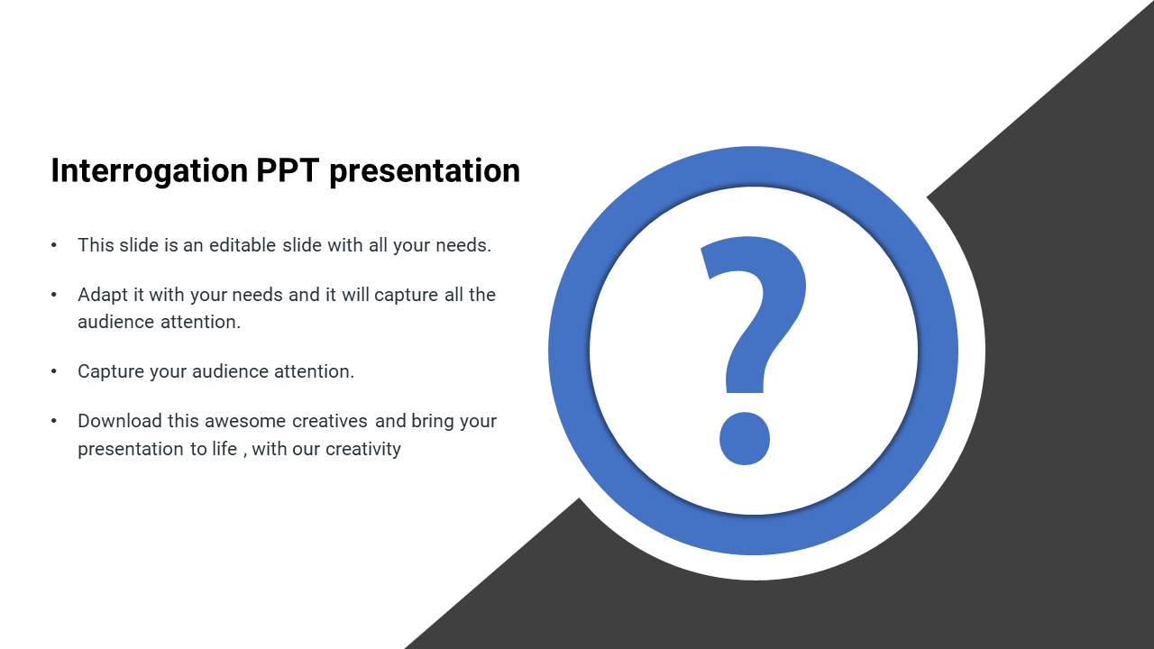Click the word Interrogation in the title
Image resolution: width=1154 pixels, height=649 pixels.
pyautogui.click(x=150, y=171)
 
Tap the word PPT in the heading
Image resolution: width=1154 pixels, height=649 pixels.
pyautogui.click(x=288, y=170)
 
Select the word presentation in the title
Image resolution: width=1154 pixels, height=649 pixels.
pyautogui.click(x=425, y=171)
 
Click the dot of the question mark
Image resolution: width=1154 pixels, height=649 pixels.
pyautogui.click(x=745, y=438)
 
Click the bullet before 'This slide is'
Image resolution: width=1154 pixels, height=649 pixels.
pyautogui.click(x=54, y=245)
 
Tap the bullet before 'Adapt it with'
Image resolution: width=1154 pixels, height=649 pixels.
pyautogui.click(x=54, y=295)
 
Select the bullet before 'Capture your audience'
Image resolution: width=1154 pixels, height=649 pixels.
pyautogui.click(x=54, y=371)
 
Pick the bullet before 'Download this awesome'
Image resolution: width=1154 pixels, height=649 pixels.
pyautogui.click(x=54, y=421)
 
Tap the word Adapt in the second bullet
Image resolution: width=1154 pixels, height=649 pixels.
pyautogui.click(x=103, y=295)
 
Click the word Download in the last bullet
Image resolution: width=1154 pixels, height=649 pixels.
pyautogui.click(x=120, y=421)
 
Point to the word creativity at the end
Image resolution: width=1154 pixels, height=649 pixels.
pyautogui.click(x=363, y=449)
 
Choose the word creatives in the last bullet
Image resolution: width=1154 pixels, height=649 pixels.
pyautogui.click(x=330, y=421)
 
